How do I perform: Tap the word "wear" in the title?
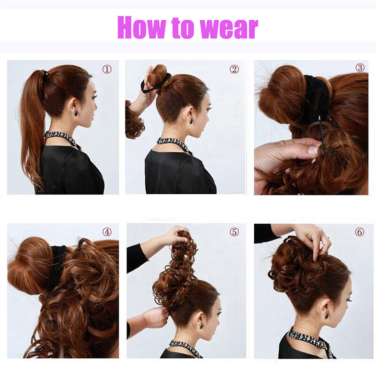[x=229, y=28]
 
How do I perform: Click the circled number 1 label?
[x=107, y=69]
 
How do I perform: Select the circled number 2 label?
[x=234, y=69]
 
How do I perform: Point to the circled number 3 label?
[x=360, y=67]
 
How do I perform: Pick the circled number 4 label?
[x=107, y=232]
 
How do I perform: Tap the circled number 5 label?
[x=234, y=232]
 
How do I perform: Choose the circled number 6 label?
[x=360, y=232]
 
